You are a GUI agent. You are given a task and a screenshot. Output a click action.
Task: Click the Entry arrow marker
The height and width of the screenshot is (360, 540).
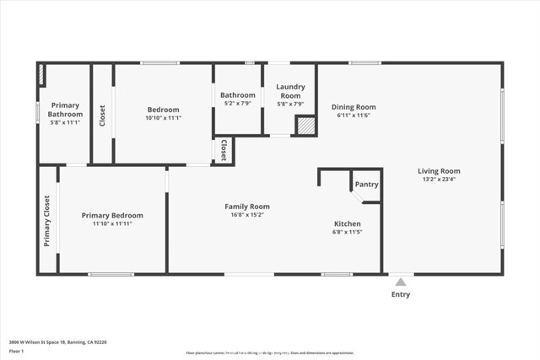pos(401,282)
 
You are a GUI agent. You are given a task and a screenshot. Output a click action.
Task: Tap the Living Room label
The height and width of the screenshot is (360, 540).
pos(439,171)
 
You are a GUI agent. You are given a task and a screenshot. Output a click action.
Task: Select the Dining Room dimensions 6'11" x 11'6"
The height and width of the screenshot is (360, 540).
pos(354,116)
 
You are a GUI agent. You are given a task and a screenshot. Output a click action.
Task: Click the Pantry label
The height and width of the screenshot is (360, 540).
pos(366,184)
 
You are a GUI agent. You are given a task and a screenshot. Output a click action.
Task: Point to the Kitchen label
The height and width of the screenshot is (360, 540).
pos(348,223)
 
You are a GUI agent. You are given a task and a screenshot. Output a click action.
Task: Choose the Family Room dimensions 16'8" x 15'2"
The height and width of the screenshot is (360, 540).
pos(246,215)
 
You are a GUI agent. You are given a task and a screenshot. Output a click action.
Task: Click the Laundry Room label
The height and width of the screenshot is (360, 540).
pos(290,90)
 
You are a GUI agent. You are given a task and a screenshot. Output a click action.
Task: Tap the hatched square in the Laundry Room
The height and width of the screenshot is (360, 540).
pos(305,125)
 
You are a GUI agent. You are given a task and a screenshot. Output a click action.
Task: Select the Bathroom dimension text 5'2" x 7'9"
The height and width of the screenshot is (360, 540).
pos(238,104)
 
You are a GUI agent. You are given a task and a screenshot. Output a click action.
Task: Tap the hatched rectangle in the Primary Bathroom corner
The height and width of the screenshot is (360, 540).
pos(41,74)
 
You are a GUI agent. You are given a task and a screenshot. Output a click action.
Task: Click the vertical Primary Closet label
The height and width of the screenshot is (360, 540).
pos(46,220)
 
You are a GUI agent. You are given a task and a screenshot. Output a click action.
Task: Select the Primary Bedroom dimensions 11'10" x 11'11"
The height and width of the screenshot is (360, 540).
pos(112,223)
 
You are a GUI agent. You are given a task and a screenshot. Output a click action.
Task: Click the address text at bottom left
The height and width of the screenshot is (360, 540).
pos(57,342)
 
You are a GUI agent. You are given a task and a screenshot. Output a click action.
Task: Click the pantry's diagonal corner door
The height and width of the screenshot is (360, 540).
pos(358,197)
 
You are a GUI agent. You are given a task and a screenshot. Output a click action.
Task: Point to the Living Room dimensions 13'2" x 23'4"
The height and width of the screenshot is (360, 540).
pos(439,180)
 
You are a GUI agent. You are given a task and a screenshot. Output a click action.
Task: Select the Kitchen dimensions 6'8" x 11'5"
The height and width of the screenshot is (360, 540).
pos(348,232)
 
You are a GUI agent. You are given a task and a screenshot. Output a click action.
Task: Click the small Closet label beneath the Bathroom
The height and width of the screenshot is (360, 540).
pos(224,151)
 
